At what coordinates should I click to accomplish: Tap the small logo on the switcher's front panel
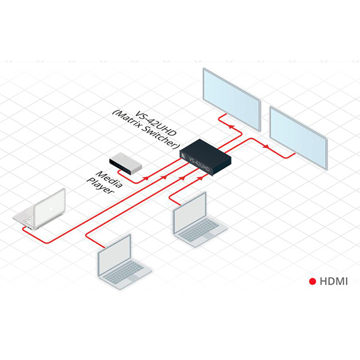(185, 157)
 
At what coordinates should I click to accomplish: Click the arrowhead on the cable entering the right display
(266, 146)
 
